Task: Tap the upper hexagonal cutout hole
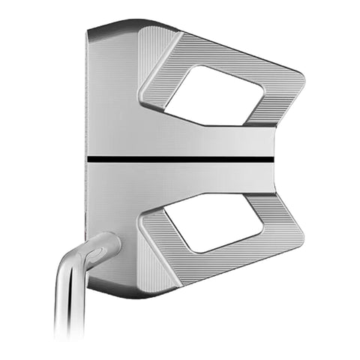(x=213, y=94)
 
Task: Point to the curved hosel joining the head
(x=101, y=247)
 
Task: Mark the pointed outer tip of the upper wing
(x=301, y=76)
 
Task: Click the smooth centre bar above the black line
(x=187, y=142)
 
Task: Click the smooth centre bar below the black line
(x=187, y=176)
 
